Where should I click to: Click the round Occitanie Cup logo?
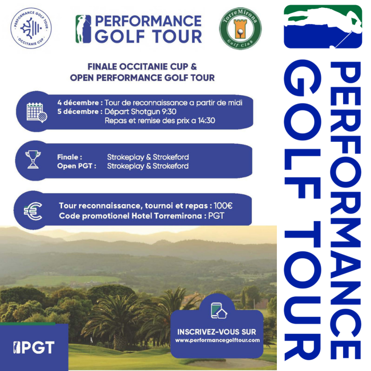pyautogui.click(x=31, y=28)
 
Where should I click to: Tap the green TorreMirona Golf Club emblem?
pyautogui.click(x=240, y=29)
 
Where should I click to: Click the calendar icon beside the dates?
pyautogui.click(x=37, y=112)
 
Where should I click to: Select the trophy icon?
pyautogui.click(x=33, y=159)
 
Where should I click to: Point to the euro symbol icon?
pyautogui.click(x=33, y=211)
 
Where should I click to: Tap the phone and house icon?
pyautogui.click(x=218, y=310)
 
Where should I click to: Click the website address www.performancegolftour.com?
pyautogui.click(x=217, y=340)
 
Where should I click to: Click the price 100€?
pyautogui.click(x=223, y=205)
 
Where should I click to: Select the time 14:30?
pyautogui.click(x=206, y=121)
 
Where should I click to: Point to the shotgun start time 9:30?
pyautogui.click(x=169, y=111)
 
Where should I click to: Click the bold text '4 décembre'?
pyautogui.click(x=78, y=102)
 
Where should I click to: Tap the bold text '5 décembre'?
pyautogui.click(x=78, y=111)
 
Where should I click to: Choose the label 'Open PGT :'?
pyautogui.click(x=77, y=166)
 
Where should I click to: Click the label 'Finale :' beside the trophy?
pyautogui.click(x=70, y=157)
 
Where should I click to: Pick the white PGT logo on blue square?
pyautogui.click(x=34, y=347)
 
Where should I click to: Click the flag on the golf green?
pyautogui.click(x=91, y=340)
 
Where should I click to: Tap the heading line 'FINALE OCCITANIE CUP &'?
pyautogui.click(x=142, y=67)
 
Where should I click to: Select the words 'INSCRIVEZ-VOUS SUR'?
pyautogui.click(x=217, y=332)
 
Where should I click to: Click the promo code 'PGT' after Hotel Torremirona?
pyautogui.click(x=216, y=216)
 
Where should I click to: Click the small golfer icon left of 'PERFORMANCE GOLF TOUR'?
pyautogui.click(x=83, y=29)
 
